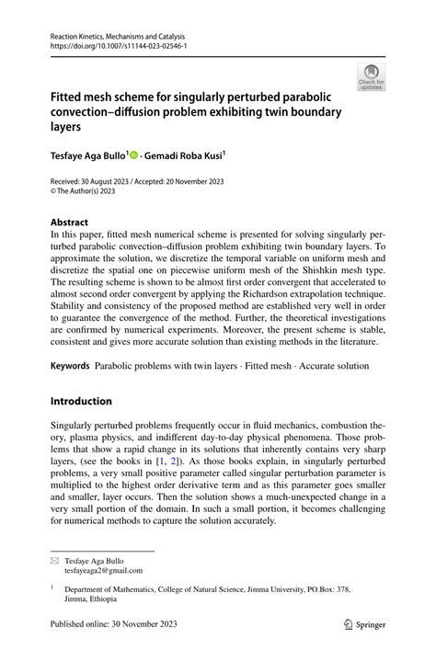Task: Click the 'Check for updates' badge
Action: tap(372, 75)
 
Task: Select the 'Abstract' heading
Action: tap(70, 222)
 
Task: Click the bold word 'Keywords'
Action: tap(71, 366)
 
